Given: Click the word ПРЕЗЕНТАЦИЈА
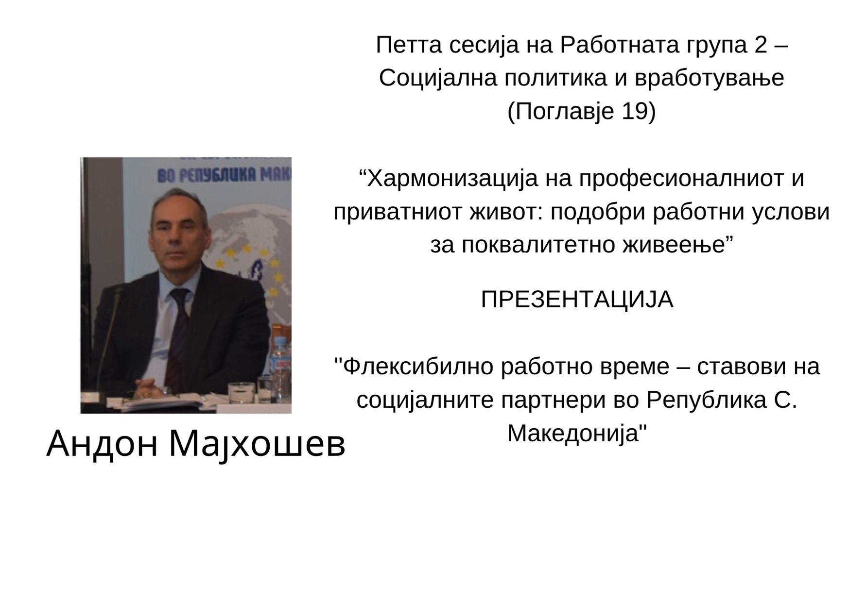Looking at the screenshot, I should (x=577, y=300).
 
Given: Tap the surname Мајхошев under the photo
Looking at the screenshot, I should (x=257, y=444).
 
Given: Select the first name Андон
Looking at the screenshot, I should (x=103, y=444).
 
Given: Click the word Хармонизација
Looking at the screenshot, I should (x=452, y=178).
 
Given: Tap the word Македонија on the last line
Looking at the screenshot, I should (x=577, y=433).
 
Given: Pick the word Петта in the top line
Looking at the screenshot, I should (x=409, y=45).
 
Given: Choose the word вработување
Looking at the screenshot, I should (x=710, y=78).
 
